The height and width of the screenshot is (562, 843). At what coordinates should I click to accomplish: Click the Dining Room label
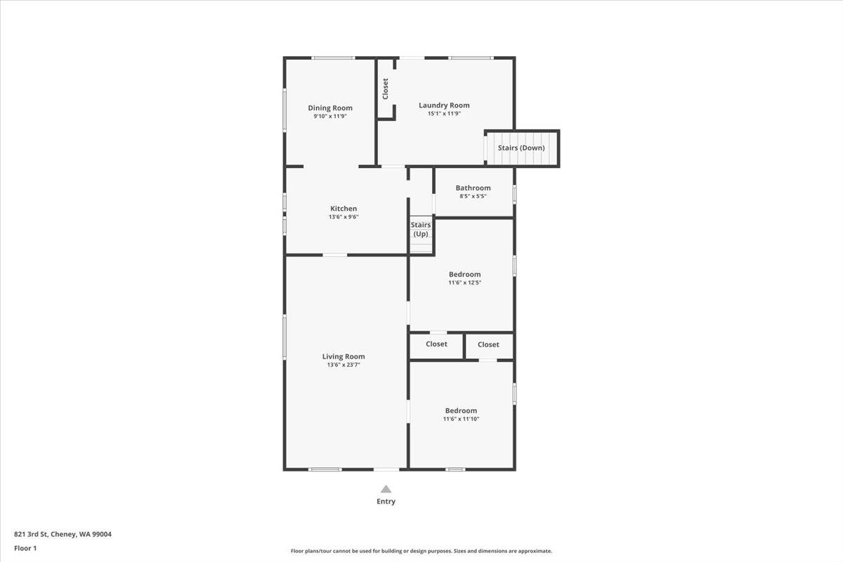pos(329,107)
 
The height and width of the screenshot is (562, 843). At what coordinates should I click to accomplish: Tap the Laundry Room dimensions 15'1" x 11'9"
pos(444,114)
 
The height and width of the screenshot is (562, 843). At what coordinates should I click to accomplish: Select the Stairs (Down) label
pos(521,148)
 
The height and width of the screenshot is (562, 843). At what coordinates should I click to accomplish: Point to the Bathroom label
pos(473,188)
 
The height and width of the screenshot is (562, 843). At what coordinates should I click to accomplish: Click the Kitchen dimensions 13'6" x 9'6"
pos(344,217)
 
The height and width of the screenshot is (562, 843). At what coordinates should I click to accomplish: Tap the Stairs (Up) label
pos(421,229)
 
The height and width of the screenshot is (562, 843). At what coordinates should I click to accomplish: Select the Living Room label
pos(344,356)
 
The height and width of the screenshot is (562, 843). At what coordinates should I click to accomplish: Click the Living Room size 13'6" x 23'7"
pos(344,365)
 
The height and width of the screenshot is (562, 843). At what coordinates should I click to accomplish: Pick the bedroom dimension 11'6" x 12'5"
pos(464,282)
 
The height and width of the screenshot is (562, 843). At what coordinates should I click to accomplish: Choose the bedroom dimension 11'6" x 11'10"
pos(461,419)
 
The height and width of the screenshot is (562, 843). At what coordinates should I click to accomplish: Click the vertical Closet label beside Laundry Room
pos(386,89)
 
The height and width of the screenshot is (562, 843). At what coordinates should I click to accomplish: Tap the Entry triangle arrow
pos(386,489)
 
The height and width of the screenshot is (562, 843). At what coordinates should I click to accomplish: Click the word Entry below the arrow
pos(386,502)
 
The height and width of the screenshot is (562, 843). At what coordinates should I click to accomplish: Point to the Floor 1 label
pos(25,548)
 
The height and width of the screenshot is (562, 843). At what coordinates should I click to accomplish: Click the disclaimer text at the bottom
pos(421,551)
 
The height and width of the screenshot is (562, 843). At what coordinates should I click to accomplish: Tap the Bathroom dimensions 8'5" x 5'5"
pos(473,196)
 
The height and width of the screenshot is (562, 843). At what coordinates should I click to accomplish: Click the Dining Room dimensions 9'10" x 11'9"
pos(329,116)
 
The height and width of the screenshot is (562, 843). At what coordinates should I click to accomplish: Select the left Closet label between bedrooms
pos(436,344)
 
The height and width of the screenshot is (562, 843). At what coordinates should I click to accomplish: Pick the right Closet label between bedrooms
pos(488,344)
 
